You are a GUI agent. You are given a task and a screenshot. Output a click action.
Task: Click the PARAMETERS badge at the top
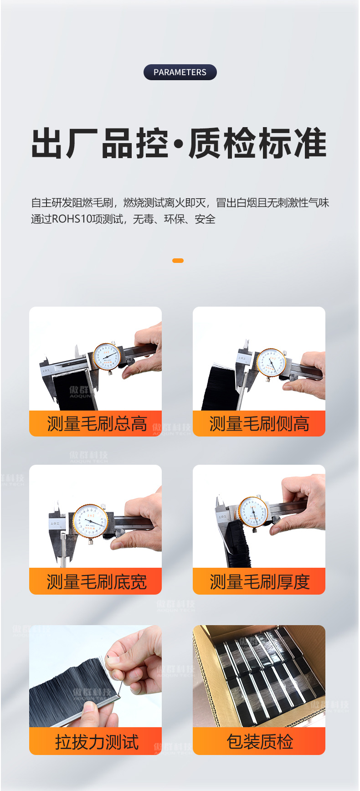click(x=180, y=72)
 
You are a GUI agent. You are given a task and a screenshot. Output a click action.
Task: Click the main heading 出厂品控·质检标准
click(x=179, y=144)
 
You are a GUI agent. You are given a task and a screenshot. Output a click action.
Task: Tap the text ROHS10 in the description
click(x=72, y=219)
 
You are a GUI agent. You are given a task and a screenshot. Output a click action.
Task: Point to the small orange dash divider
click(x=178, y=261)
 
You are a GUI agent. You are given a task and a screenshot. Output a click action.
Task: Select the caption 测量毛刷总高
click(x=97, y=424)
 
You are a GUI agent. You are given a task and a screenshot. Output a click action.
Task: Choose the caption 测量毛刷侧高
click(x=259, y=424)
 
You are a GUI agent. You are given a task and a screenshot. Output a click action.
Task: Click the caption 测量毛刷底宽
click(x=97, y=582)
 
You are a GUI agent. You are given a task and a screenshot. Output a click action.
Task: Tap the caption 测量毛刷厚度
click(x=259, y=582)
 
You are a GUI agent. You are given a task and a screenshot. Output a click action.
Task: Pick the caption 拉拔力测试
click(x=97, y=742)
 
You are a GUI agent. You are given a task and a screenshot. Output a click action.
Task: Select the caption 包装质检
click(x=259, y=742)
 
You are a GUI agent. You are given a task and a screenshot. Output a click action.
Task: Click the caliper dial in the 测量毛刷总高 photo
click(x=107, y=356)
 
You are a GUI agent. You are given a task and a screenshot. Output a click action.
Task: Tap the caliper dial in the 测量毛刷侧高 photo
click(x=271, y=362)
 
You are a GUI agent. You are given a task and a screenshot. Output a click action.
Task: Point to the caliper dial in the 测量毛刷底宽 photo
click(x=90, y=521)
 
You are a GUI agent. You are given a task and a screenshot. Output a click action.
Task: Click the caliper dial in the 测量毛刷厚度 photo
click(x=253, y=512)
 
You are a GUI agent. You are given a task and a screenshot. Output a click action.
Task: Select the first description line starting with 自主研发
click(x=180, y=203)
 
